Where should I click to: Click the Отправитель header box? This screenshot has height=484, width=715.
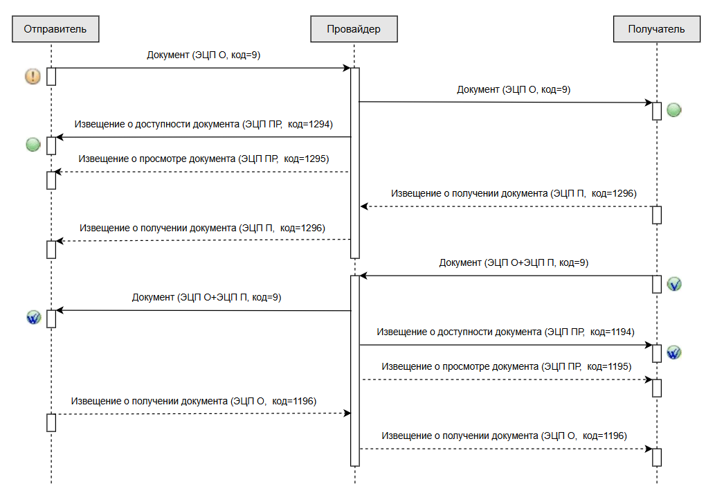(55, 29)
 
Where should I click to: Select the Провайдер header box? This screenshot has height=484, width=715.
(354, 29)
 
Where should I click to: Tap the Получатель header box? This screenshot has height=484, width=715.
(657, 29)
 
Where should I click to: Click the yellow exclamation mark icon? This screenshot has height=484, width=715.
(33, 76)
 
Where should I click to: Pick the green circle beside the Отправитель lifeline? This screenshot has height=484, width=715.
(33, 145)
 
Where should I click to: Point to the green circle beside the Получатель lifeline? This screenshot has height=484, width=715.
(674, 110)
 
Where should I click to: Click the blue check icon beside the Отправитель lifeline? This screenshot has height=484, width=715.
(34, 317)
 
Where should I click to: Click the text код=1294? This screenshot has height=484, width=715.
(310, 124)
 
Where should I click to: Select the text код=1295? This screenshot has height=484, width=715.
(307, 159)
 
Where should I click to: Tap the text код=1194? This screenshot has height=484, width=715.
(612, 332)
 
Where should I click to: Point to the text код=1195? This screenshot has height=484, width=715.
(609, 366)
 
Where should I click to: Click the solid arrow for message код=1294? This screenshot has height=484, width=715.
(203, 137)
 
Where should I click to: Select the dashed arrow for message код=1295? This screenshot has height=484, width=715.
(201, 172)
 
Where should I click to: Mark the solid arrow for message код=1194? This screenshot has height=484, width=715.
(506, 345)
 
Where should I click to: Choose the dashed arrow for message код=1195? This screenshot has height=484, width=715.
(507, 379)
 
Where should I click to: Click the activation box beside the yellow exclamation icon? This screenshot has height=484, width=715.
(51, 77)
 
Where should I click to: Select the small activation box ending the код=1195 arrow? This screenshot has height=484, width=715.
(657, 388)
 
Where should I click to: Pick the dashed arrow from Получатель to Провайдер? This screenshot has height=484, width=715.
(507, 206)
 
